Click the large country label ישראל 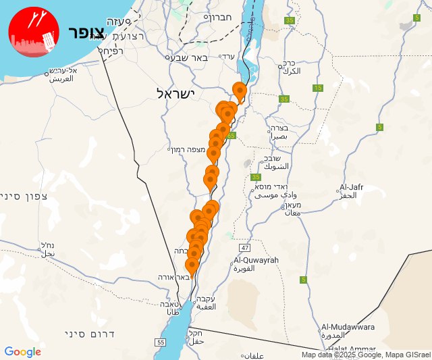click(x=175, y=93)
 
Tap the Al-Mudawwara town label click(x=348, y=327)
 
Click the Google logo click(x=22, y=352)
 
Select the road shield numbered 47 click(x=244, y=249)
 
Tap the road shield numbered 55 click(x=160, y=343)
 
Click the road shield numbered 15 click(x=317, y=88)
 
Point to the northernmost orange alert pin click(x=239, y=90)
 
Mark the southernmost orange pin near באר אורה click(x=192, y=265)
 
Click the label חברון click(x=219, y=18)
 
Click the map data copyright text click(x=365, y=355)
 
